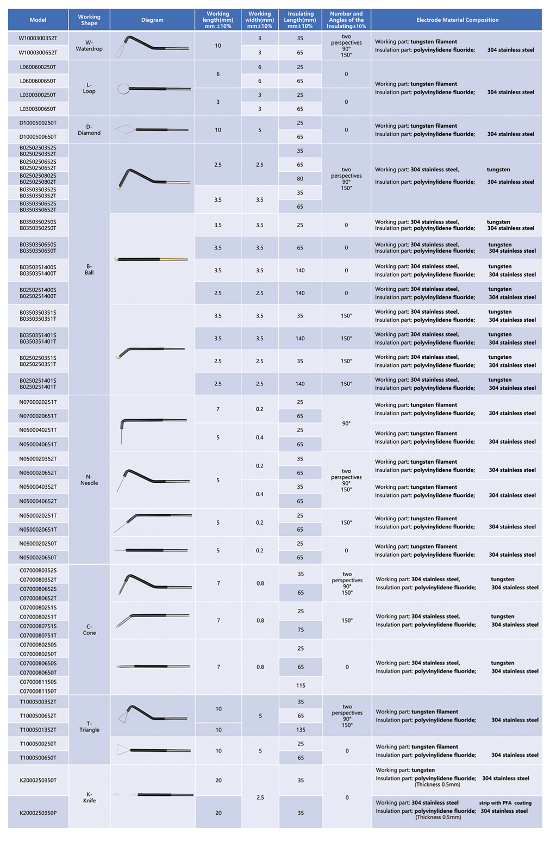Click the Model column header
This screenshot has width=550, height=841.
[x=38, y=20]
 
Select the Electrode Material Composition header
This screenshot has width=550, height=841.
[x=457, y=20]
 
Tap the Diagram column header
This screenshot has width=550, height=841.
[x=152, y=20]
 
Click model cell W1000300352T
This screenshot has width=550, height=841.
[x=38, y=38]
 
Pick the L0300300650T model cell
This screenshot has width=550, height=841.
[x=38, y=109]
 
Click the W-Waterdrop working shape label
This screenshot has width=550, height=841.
[x=89, y=46]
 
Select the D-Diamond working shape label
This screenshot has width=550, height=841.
[x=89, y=129]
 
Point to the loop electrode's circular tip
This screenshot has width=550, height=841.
[x=123, y=89]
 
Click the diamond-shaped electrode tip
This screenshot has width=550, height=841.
[x=125, y=129]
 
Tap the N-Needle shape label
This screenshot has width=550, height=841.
[x=89, y=479]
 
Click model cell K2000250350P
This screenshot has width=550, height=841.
[x=38, y=813]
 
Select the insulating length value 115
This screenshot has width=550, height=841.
[x=301, y=685]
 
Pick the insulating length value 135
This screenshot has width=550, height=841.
[x=301, y=730]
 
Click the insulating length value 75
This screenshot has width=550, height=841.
[x=301, y=630]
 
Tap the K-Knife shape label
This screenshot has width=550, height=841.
[x=89, y=797]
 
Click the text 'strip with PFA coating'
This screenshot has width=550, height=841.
[x=505, y=803]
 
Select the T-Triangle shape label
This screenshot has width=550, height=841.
[x=89, y=726]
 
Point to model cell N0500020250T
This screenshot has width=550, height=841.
[x=38, y=543]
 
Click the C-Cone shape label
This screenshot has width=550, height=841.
[x=89, y=630]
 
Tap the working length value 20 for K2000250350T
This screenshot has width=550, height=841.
[x=218, y=780]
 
